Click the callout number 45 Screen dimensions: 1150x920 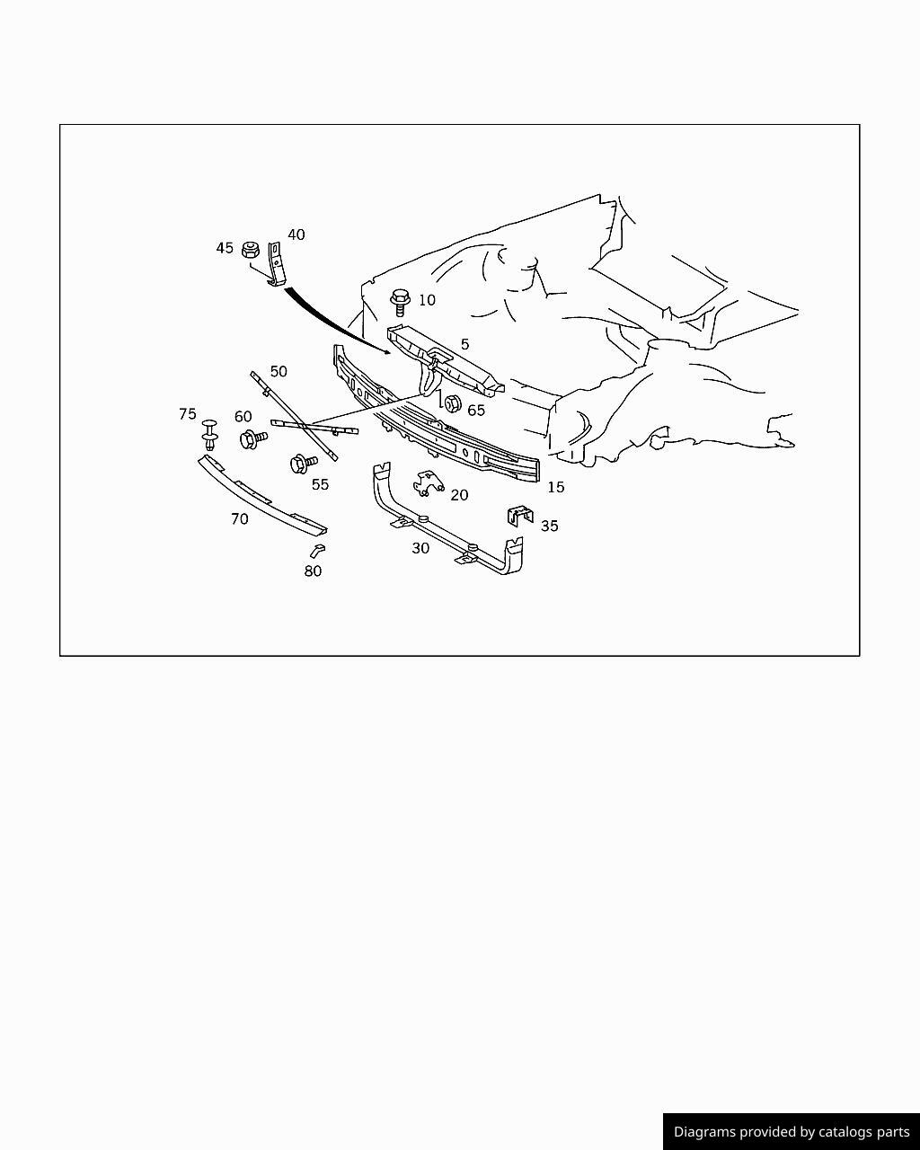pyautogui.click(x=225, y=248)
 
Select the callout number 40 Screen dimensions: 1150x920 pyautogui.click(x=296, y=234)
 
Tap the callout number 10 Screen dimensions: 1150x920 pyautogui.click(x=427, y=300)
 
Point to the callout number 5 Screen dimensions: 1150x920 pyautogui.click(x=464, y=344)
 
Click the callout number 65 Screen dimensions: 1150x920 pyautogui.click(x=475, y=411)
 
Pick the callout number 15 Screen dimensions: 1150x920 pyautogui.click(x=555, y=487)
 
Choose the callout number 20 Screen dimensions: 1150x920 pyautogui.click(x=459, y=495)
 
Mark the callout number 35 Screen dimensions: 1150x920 pyautogui.click(x=549, y=526)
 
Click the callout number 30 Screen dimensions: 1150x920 pyautogui.click(x=420, y=548)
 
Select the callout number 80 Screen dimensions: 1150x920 pyautogui.click(x=313, y=571)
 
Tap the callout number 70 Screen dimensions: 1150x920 pyautogui.click(x=239, y=519)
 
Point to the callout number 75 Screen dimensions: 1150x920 pyautogui.click(x=187, y=414)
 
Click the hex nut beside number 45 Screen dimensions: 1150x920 pyautogui.click(x=252, y=249)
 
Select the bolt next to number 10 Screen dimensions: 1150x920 pyautogui.click(x=400, y=301)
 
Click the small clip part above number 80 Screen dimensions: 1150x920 pyautogui.click(x=316, y=549)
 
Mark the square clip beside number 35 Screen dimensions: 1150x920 pyautogui.click(x=520, y=517)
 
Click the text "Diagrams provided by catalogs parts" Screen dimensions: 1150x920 pyautogui.click(x=792, y=1132)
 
